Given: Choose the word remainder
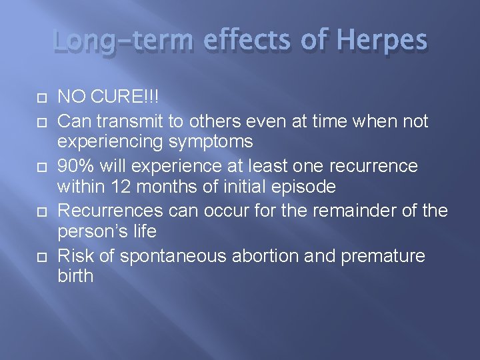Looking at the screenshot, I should [x=345, y=211].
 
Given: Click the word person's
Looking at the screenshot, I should [x=89, y=231].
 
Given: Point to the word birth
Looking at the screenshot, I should [x=75, y=277].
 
